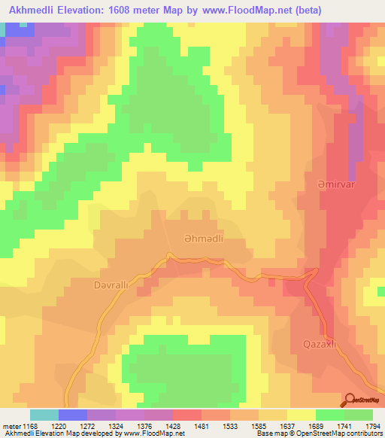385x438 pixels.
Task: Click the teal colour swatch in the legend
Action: [x=44, y=415]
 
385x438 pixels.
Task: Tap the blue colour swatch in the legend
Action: [x=73, y=415]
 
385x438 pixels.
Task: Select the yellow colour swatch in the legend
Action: [x=302, y=415]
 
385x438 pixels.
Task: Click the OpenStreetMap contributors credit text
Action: [x=342, y=434]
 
